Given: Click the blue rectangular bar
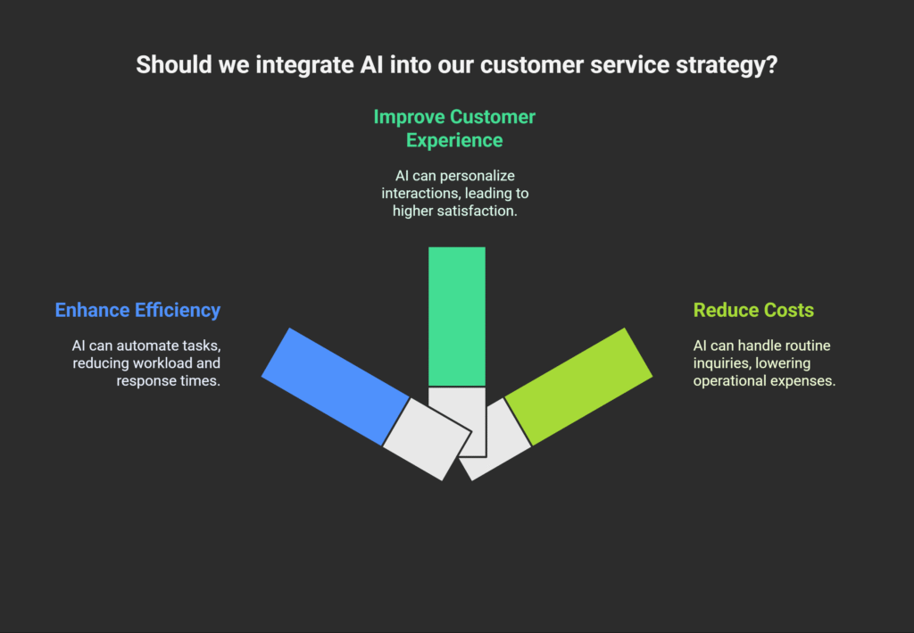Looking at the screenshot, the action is point(336,387).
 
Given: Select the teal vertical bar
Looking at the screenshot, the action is point(457,316).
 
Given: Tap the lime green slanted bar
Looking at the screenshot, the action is point(578,387).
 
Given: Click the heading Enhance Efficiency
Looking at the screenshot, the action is point(137,310).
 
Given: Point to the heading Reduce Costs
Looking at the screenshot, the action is point(753,310).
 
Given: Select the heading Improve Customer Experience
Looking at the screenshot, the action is point(454,129).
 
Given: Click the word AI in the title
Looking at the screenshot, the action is point(371,64).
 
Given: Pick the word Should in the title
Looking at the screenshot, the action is point(174,64).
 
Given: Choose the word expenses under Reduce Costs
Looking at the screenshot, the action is point(807,380).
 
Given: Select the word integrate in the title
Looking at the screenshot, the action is point(304,64).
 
